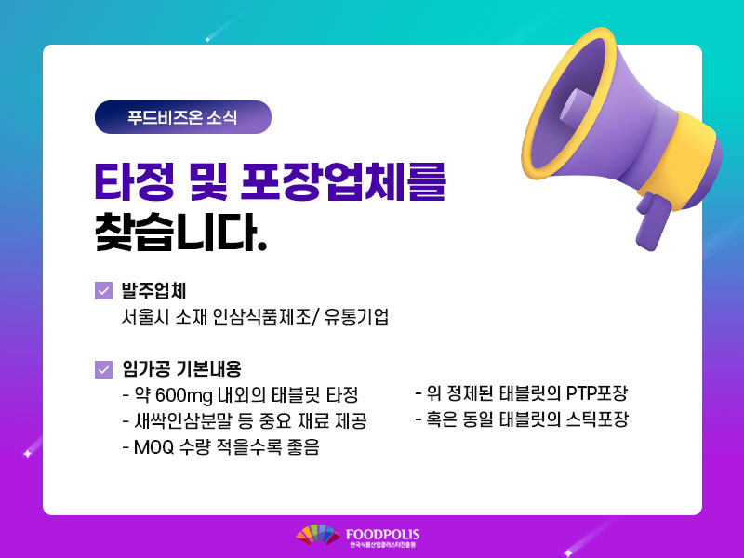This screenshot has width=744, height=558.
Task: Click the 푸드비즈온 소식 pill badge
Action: pos(182,117)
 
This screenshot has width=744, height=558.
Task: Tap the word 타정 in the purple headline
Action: pos(134,181)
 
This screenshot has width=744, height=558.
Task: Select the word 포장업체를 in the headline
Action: pos(343,181)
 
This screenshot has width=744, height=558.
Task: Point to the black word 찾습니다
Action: pos(181,232)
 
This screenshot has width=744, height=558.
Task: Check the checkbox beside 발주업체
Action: pos(103,291)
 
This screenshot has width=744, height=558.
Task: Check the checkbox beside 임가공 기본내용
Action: pos(103,369)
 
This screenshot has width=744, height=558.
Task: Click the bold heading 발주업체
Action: pos(153,290)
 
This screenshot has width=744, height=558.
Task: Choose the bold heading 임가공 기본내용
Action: pos(181,368)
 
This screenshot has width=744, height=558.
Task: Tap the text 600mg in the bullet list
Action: pos(183,395)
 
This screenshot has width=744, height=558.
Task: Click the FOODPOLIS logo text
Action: pos(382,535)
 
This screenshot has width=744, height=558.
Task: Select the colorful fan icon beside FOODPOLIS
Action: pos(318,535)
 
